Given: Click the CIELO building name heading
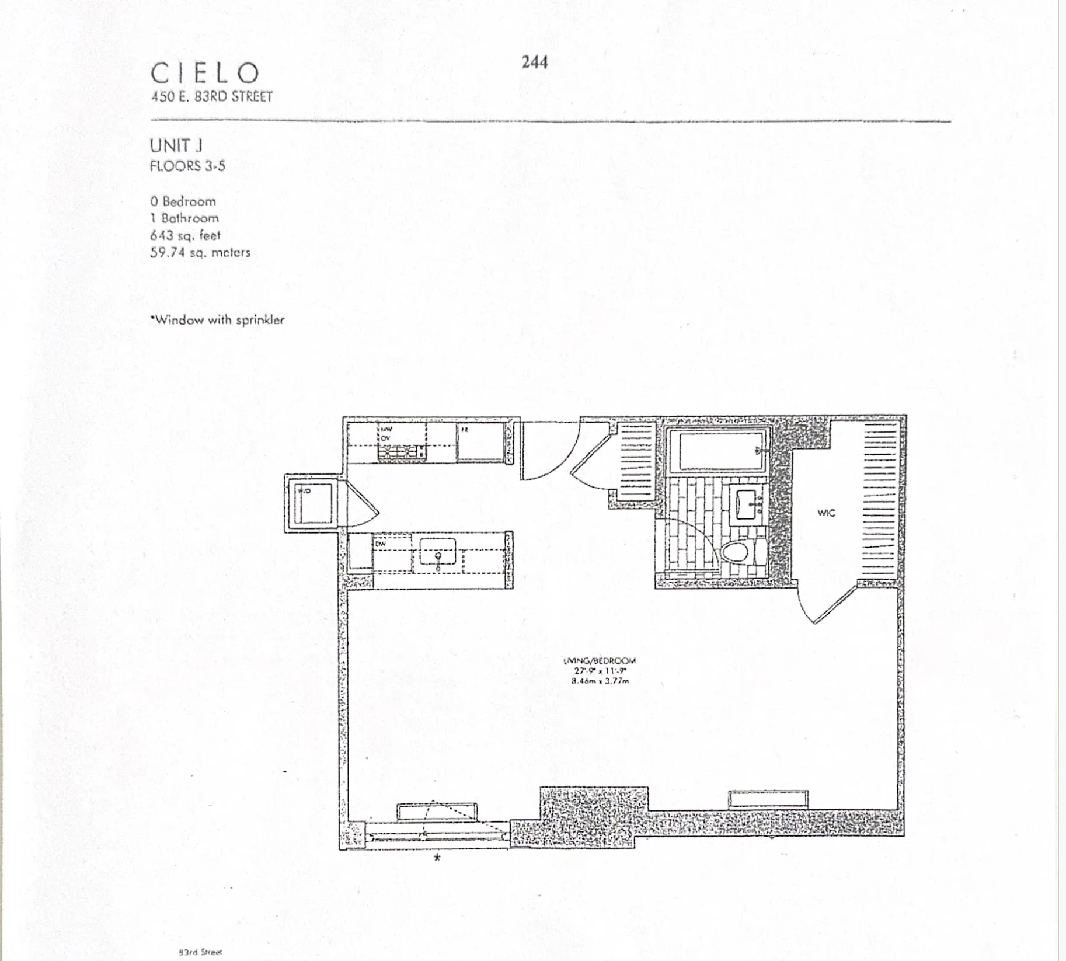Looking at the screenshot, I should point(205,74).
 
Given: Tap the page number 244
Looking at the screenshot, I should point(534,62).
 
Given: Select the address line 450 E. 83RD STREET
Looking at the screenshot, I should point(211,97).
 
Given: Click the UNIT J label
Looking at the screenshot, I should point(176,145).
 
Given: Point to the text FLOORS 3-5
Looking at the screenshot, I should point(187,166).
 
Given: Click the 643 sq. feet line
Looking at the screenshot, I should point(185,235).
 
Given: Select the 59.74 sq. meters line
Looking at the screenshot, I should point(200,253).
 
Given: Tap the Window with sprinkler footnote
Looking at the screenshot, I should point(217,320).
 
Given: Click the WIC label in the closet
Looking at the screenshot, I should point(825,513).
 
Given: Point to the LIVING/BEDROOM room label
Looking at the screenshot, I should point(600,661).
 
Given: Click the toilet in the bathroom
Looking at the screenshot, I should point(737,551).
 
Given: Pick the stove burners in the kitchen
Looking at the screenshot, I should point(402,452).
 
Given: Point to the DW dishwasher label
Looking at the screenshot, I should point(380,544).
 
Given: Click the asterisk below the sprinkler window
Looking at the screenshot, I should point(437,858).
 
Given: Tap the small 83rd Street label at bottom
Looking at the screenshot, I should point(200,952).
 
